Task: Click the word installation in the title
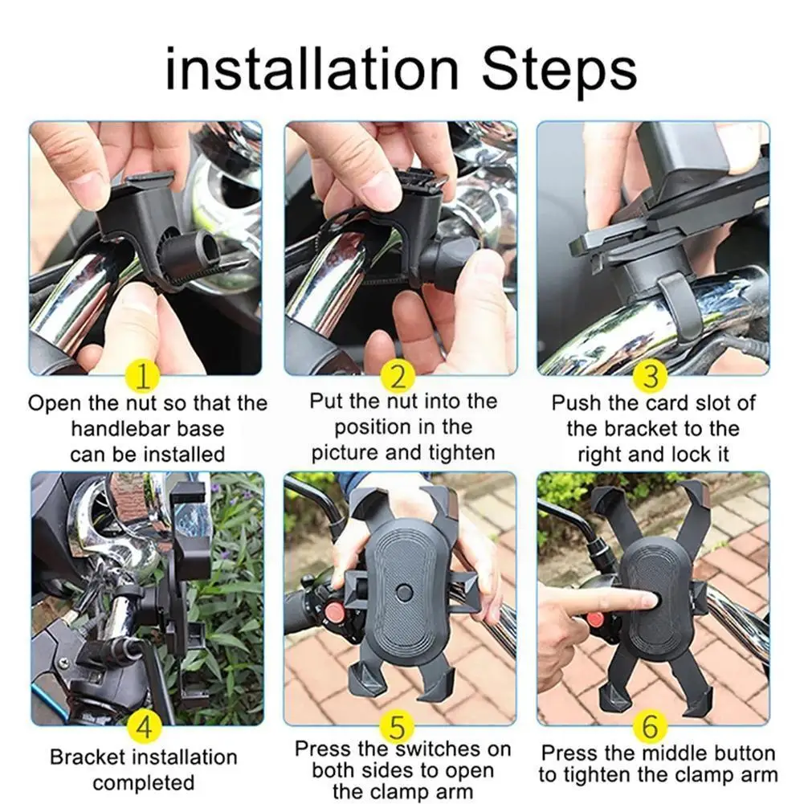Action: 312,69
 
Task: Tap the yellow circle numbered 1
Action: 143,375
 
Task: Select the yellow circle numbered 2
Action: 398,375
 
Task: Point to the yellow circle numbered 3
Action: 650,375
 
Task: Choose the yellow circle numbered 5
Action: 398,727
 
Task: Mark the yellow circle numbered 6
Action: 650,727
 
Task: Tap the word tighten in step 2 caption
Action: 462,453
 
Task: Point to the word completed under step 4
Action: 144,783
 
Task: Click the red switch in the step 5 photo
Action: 335,612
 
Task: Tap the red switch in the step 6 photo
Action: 595,619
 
